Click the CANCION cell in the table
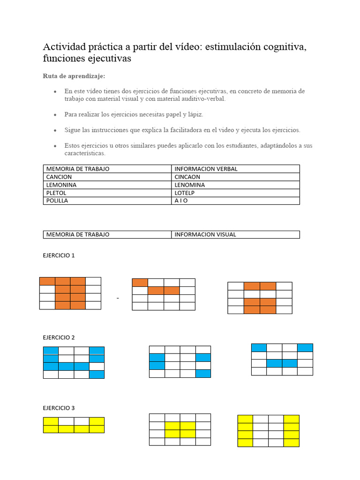[x=59, y=177]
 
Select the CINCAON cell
[x=187, y=177]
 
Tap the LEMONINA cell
[x=61, y=185]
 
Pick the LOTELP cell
[x=184, y=193]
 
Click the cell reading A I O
[x=181, y=201]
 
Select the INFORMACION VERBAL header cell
[x=206, y=169]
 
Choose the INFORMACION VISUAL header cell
[x=205, y=234]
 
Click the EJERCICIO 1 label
[x=59, y=255]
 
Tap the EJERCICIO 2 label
[x=59, y=337]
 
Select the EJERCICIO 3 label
[x=59, y=408]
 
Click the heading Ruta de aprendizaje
[x=74, y=76]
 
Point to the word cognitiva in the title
[x=281, y=47]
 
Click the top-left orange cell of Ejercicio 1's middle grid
[x=140, y=283]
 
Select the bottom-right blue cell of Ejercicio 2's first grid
[x=97, y=374]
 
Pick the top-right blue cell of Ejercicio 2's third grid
[x=305, y=347]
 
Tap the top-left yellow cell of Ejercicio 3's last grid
[x=245, y=419]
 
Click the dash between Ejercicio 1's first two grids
[x=118, y=298]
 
